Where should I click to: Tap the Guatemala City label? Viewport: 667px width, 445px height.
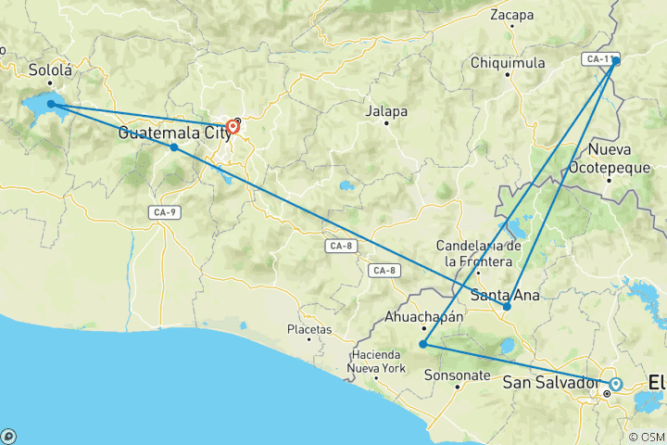174,133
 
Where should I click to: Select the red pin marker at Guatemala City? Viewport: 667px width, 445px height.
233,127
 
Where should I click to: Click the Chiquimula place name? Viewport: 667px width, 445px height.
509,63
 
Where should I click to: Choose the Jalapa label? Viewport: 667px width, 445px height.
386,111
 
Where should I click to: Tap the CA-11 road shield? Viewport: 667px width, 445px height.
597,59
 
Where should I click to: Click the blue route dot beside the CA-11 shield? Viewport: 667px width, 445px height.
616,61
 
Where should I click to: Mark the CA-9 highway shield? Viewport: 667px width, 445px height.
164,212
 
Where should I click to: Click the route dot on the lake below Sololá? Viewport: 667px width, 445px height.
51,105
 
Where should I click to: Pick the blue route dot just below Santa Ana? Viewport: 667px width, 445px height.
507,307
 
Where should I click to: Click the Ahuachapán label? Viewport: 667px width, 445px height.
423,316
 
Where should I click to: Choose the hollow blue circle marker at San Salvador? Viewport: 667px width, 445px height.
615,383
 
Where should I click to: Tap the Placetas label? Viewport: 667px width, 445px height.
308,329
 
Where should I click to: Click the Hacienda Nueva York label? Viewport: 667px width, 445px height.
377,362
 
